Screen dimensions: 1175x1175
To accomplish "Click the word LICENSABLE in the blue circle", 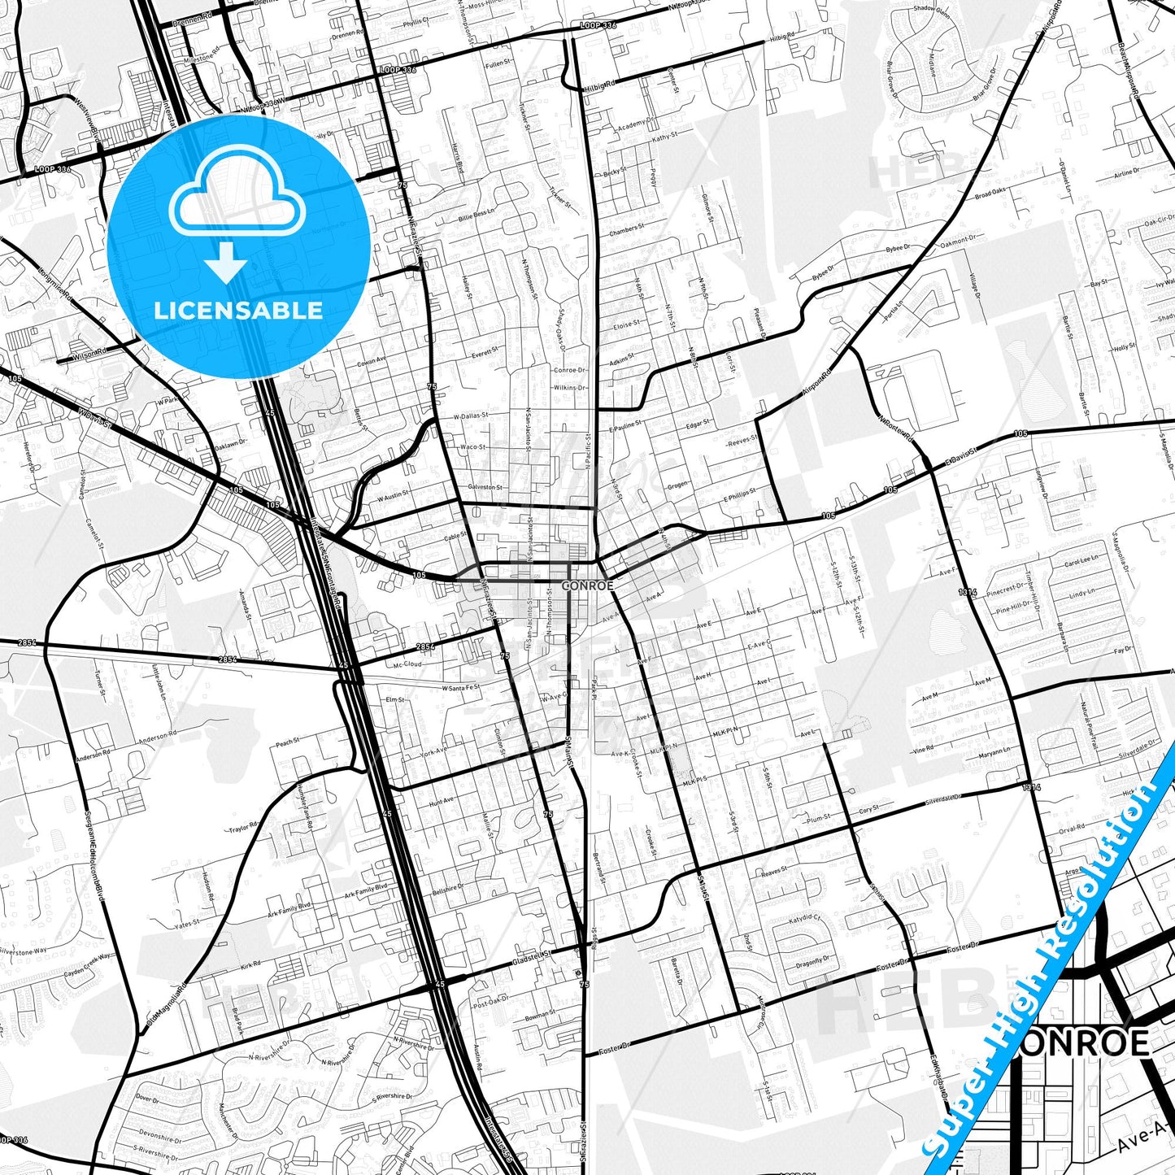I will pyautogui.click(x=238, y=310).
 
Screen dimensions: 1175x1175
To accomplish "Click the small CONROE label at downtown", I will pyautogui.click(x=586, y=585).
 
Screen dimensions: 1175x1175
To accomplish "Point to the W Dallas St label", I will pyautogui.click(x=471, y=416).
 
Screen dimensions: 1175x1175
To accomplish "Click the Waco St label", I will pyautogui.click(x=473, y=447).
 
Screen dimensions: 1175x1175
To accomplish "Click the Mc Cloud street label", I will pyautogui.click(x=407, y=664).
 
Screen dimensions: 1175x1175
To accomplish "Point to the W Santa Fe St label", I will pyautogui.click(x=461, y=688).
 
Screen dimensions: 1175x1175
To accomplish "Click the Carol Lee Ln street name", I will pyautogui.click(x=1081, y=562).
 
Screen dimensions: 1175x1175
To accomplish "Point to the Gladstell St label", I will pyautogui.click(x=532, y=958).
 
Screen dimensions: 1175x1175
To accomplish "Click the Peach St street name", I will pyautogui.click(x=288, y=742).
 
